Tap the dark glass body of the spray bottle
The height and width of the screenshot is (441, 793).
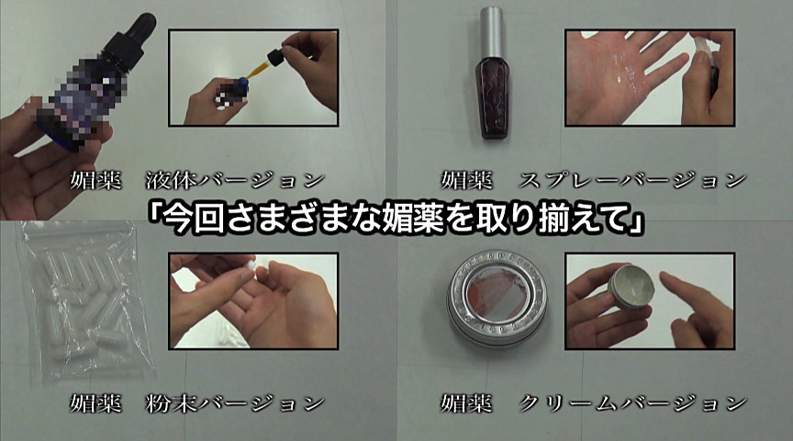492,97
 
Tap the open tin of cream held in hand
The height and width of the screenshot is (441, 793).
631,286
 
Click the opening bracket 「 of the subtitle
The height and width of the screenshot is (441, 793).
155,217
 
